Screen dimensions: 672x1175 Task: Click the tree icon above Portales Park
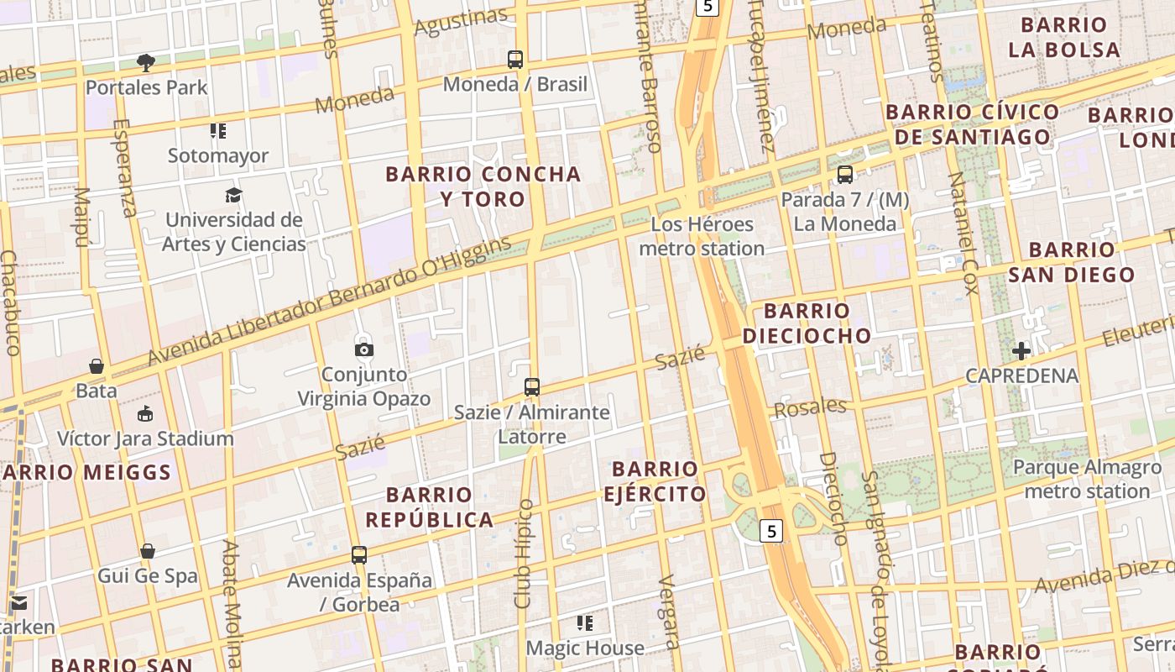click(146, 62)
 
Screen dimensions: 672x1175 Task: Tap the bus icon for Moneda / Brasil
click(515, 60)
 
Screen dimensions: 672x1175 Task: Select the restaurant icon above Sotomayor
click(218, 131)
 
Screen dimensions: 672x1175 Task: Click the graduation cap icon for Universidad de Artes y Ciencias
click(233, 196)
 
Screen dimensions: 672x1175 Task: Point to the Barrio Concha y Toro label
click(483, 186)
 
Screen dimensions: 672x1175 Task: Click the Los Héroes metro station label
click(702, 236)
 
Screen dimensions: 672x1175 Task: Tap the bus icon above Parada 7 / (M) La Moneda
click(845, 175)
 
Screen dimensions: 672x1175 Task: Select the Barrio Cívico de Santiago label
click(972, 124)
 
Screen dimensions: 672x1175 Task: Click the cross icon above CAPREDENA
click(1021, 351)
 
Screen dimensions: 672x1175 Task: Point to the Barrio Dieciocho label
click(807, 323)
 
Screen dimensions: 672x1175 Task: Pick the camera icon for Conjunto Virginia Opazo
click(364, 349)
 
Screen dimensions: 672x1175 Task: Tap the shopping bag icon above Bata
click(97, 367)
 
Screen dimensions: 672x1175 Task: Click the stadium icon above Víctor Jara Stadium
click(145, 414)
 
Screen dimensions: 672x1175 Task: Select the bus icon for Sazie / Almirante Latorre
click(532, 387)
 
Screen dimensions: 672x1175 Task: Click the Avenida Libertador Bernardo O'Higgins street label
click(329, 302)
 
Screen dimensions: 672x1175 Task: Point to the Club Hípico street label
click(524, 554)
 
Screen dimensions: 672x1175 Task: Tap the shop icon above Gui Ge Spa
click(148, 552)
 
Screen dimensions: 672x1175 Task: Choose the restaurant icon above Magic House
click(585, 623)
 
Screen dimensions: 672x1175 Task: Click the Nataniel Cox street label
click(962, 234)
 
